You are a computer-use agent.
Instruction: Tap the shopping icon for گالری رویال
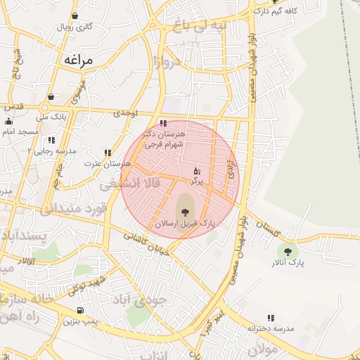(x=75, y=15)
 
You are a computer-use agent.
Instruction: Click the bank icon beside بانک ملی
(x=51, y=97)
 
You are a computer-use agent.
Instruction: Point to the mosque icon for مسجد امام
(x=8, y=122)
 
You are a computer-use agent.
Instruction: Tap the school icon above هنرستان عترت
(x=108, y=153)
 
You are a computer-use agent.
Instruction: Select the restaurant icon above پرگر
(x=196, y=170)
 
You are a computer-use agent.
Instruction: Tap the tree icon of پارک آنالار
(x=287, y=251)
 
